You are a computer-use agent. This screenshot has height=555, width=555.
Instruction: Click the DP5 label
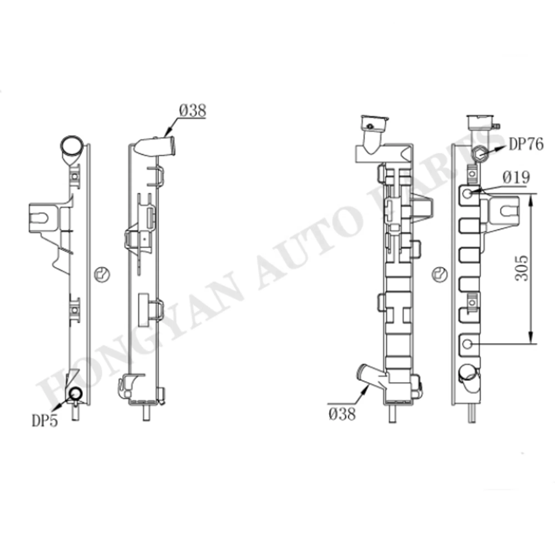tap(44, 421)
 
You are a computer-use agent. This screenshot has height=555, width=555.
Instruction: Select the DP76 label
tap(526, 145)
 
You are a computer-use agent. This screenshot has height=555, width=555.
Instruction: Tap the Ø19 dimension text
tap(516, 178)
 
